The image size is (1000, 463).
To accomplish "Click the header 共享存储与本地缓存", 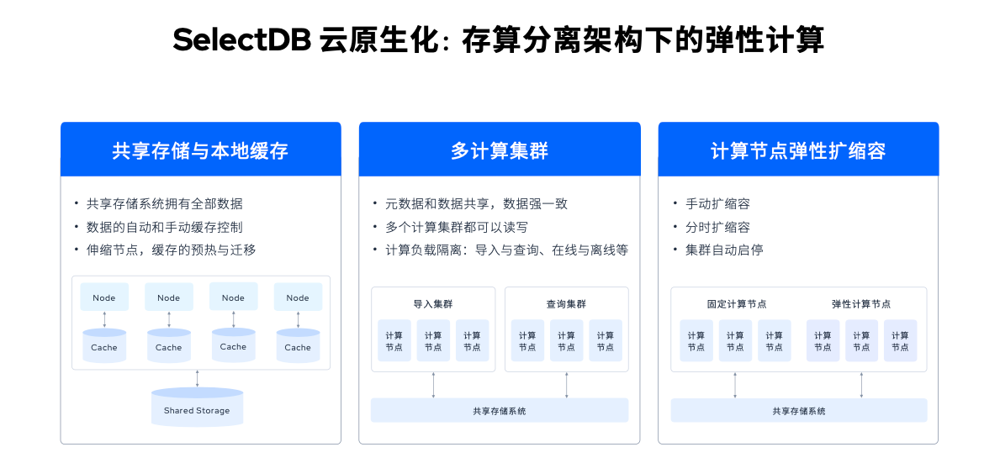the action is coord(200,151).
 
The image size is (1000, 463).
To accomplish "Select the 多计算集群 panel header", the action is coord(500,151).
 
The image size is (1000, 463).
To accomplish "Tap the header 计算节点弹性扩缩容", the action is coord(798,151).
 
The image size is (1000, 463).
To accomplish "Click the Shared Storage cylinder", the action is coord(197,407).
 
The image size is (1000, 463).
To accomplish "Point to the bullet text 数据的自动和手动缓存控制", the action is coord(165,228).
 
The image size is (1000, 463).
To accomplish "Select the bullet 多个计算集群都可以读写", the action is coord(457,228).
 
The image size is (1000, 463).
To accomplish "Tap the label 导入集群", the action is coord(433,304).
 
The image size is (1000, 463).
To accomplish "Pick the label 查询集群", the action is coord(566,304).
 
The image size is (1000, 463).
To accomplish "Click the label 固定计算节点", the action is coord(738,304).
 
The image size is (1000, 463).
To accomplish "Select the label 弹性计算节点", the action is coord(861,304).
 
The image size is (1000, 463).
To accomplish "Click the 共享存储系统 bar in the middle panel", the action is coord(500,411).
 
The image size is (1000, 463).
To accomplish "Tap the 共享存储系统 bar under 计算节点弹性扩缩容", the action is coord(798,411).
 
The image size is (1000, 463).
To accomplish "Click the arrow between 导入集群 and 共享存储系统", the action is coord(434,386).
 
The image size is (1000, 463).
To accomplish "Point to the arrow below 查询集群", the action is coord(567,386).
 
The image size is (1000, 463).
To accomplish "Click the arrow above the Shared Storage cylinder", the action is coord(197,378).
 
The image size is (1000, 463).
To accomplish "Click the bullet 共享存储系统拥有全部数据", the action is coord(165,204).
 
